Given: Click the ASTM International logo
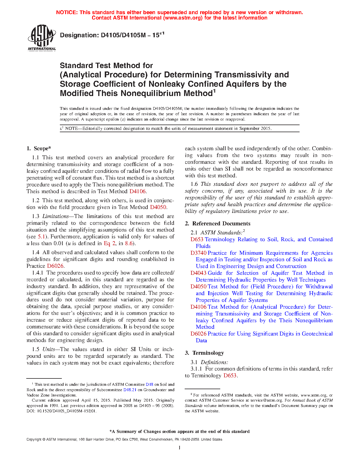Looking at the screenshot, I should [42, 38].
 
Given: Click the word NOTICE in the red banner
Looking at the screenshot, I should [67, 12].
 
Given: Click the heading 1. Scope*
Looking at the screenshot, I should [39, 149].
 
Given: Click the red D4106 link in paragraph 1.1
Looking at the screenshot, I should [138, 191].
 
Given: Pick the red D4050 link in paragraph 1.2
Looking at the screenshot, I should [158, 207].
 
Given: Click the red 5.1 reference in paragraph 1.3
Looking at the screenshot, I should [41, 237].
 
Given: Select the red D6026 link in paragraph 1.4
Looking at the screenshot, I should [55, 266].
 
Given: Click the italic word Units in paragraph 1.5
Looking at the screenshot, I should [49, 349].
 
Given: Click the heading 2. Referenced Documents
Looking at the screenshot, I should [217, 224].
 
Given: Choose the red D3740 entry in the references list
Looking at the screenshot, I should [198, 253].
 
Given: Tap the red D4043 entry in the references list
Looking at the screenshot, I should [198, 273].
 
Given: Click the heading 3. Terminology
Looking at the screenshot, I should [204, 353].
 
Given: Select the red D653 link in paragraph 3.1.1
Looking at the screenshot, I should [230, 376].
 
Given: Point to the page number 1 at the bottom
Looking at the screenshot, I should [180, 448].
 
